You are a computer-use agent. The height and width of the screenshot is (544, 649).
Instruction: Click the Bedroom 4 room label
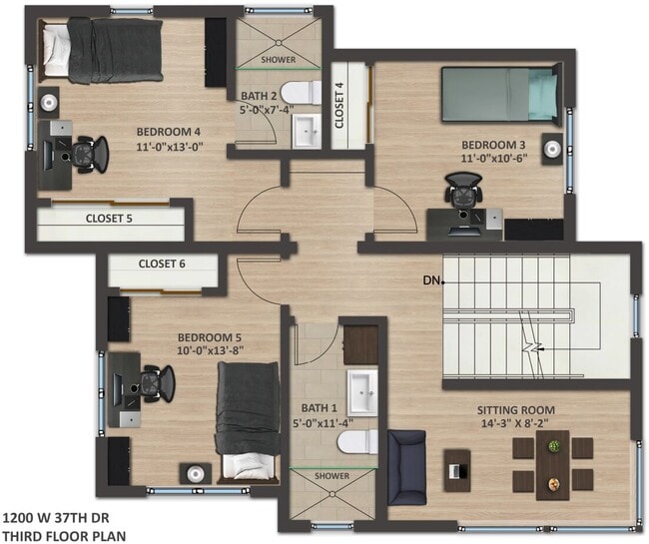pos(168,131)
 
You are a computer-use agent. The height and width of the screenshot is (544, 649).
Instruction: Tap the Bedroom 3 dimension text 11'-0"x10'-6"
pos(494,158)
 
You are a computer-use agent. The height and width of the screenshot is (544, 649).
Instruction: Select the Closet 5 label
pos(109,218)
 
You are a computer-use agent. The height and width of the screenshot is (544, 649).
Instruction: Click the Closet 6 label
pos(163,264)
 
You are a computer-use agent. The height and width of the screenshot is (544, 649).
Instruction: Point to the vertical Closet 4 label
pos(339,107)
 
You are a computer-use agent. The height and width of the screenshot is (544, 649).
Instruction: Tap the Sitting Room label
pos(515,410)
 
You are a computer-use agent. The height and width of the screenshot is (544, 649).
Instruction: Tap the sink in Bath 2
pos(308,130)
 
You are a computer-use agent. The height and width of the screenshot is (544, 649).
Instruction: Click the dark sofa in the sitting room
pos(406,466)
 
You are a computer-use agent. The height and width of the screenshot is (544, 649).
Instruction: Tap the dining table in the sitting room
pos(552,464)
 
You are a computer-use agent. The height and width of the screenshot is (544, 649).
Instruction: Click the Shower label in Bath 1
pos(331,476)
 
